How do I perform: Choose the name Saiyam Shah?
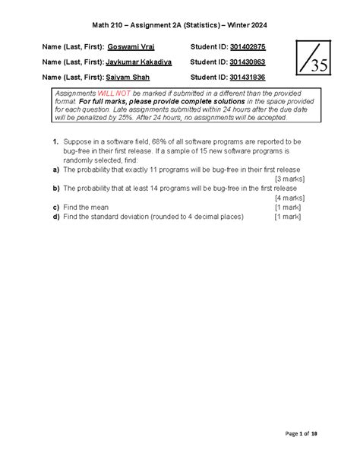(x=131, y=78)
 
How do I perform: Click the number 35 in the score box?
(x=314, y=67)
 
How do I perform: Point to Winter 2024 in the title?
(x=242, y=25)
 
